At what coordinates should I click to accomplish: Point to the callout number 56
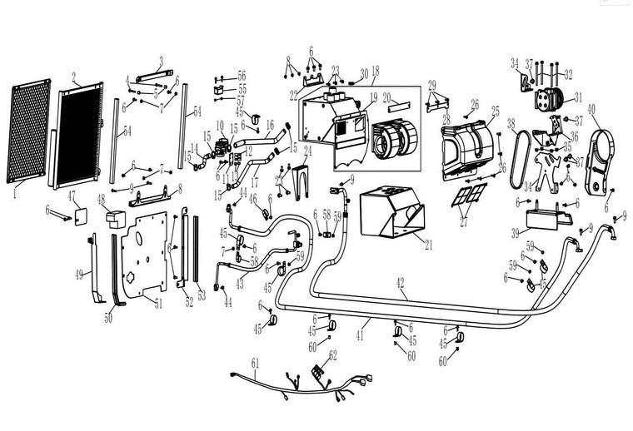[x=242, y=74]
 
